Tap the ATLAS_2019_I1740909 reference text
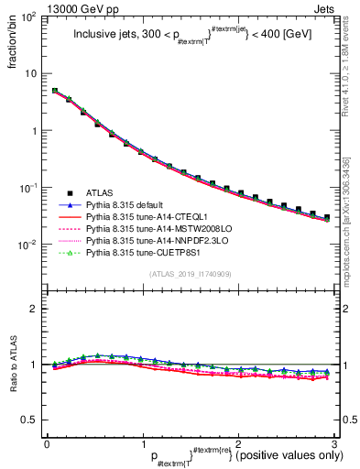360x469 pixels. (182, 275)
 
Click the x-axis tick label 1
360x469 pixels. (142, 443)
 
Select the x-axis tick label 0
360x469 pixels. (47, 443)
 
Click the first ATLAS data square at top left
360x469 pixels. (55, 91)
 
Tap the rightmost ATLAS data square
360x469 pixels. (327, 218)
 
